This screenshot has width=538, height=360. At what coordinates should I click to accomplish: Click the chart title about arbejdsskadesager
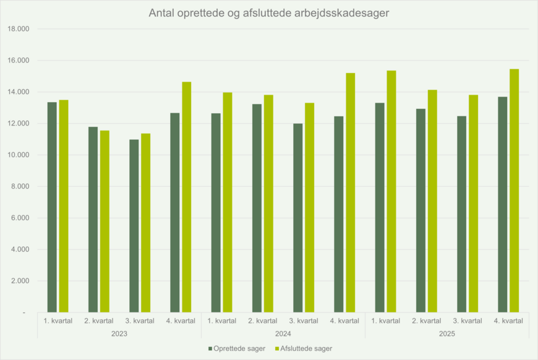(269, 13)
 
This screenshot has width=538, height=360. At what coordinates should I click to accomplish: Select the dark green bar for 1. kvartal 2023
(52, 207)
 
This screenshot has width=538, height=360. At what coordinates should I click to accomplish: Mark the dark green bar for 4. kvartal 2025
(502, 204)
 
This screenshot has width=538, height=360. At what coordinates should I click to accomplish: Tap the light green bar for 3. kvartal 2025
(473, 204)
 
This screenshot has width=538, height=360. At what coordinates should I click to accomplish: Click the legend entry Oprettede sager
(237, 348)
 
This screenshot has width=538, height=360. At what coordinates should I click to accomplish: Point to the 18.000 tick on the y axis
(19, 29)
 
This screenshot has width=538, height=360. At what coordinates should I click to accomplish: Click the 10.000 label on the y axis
(19, 155)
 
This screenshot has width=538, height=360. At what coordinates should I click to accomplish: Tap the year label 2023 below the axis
(119, 333)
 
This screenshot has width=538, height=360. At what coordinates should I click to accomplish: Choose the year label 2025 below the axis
(447, 333)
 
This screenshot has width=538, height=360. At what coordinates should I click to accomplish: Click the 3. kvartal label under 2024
(304, 321)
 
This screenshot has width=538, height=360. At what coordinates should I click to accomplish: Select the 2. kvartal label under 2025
(427, 321)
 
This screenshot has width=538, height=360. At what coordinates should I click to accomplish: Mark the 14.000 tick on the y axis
(19, 92)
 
